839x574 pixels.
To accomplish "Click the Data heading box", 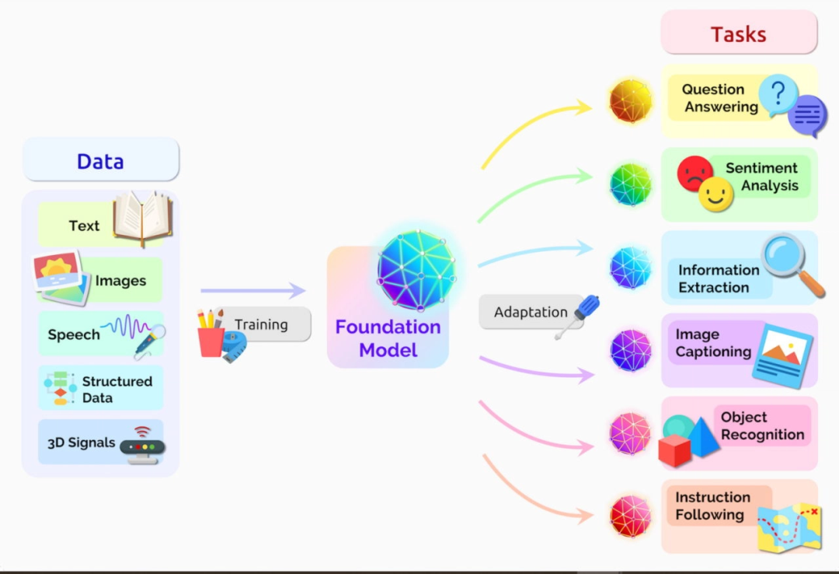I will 100,160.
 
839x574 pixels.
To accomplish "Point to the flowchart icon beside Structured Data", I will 61,388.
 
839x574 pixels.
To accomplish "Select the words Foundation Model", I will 388,338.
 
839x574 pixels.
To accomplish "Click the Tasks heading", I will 738,33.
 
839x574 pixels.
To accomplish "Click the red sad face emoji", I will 695,173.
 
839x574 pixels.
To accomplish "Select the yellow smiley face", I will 715,194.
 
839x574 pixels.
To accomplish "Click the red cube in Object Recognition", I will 674,450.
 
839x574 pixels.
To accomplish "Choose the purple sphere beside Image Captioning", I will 630,350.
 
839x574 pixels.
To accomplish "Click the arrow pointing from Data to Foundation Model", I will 253,291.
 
